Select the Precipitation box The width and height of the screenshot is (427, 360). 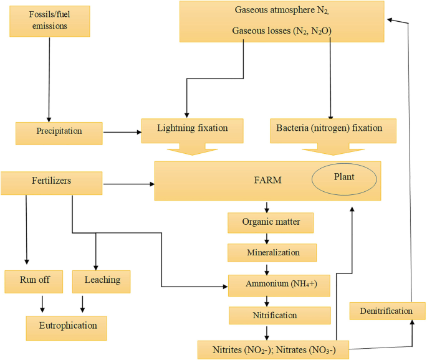point(59,132)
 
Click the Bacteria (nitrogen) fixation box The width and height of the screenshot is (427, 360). point(335,129)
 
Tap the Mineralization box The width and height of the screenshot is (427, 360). point(272,252)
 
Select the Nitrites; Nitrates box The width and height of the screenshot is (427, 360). point(269,349)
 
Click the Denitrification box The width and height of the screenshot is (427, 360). point(386,310)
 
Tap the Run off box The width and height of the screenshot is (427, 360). point(35,282)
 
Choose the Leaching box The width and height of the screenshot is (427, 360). point(102,281)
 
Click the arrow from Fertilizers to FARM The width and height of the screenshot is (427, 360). point(128,184)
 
